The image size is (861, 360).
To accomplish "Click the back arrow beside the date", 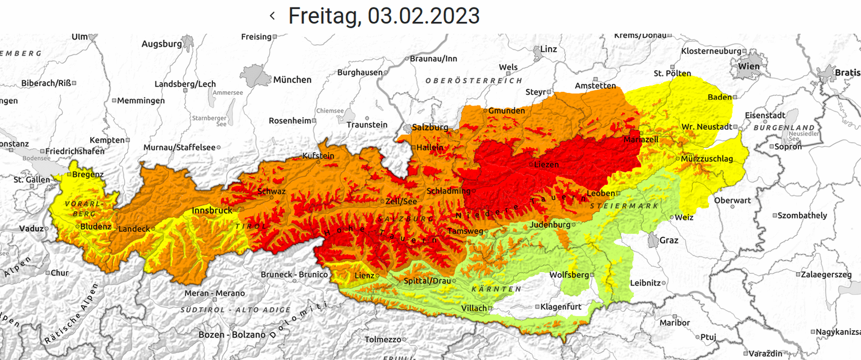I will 272,16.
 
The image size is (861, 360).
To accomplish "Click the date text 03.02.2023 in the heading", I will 424,16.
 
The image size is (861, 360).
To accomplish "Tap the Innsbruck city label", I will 212,210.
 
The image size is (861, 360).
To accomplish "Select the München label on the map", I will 292,80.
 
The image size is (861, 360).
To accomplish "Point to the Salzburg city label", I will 430,127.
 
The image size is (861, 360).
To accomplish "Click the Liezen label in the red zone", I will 546,164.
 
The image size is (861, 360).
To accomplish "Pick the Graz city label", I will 669,240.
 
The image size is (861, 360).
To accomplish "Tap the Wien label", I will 748,66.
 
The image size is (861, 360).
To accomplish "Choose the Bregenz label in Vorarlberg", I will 88,174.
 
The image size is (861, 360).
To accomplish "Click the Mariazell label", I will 641,140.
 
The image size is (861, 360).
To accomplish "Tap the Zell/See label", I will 401,201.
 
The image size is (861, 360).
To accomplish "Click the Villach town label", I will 474,308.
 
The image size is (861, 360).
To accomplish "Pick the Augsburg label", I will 161,44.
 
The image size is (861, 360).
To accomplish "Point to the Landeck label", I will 134,229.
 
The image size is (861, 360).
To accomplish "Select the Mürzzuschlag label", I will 707,158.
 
